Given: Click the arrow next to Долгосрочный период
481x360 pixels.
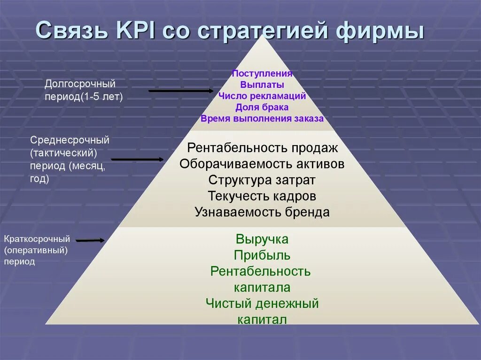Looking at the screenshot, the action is [181, 91].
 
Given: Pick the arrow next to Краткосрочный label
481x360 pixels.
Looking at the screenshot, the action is [90, 240].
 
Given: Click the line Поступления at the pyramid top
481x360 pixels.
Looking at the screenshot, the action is [262, 74].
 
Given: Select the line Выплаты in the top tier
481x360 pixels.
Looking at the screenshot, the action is [262, 85].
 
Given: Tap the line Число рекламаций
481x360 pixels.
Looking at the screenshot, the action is [262, 96].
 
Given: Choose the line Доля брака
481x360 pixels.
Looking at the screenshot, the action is [262, 107].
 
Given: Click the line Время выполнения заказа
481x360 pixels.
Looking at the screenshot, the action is [262, 119].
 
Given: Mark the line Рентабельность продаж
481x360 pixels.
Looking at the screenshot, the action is [262, 148].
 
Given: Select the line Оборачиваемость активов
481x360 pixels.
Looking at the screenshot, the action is [262, 164].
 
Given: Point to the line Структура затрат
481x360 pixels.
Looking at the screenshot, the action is [262, 180].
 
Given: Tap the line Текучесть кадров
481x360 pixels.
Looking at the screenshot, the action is [262, 196].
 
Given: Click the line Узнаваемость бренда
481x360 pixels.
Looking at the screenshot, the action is [262, 212].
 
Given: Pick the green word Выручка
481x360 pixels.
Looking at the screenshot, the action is [262, 239].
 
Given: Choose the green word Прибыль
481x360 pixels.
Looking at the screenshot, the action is [262, 255].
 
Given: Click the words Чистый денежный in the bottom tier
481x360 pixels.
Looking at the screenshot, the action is [262, 303].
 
